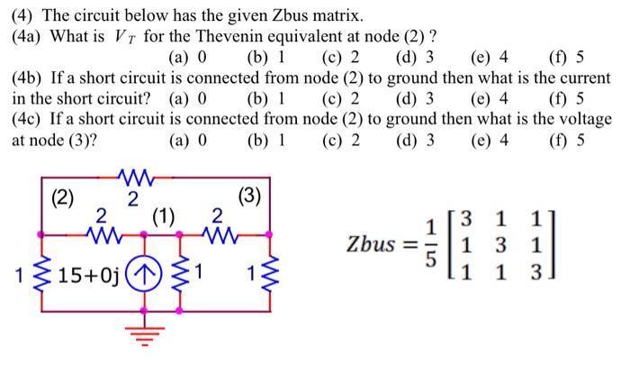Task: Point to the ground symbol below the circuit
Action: pyautogui.click(x=140, y=340)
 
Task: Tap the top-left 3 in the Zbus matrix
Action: pyautogui.click(x=463, y=218)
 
